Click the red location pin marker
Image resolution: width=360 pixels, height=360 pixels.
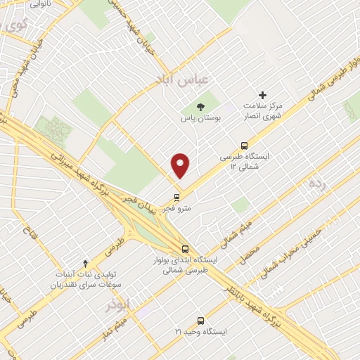pyautogui.click(x=181, y=165)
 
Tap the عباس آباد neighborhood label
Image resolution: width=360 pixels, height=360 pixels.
pyautogui.click(x=181, y=82)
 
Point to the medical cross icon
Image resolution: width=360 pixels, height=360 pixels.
pyautogui.click(x=263, y=95)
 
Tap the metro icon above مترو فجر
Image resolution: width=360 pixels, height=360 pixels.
pyautogui.click(x=176, y=198)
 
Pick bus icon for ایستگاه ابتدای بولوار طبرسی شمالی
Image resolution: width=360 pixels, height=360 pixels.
pyautogui.click(x=185, y=249)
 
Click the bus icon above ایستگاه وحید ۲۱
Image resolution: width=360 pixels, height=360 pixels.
pyautogui.click(x=200, y=320)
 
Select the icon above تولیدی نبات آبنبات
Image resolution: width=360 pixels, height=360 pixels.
pyautogui.click(x=86, y=263)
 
